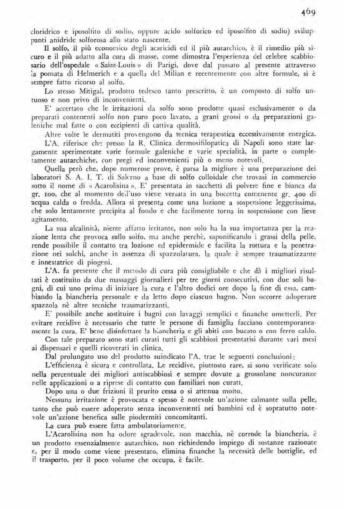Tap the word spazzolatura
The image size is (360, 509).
176,254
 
